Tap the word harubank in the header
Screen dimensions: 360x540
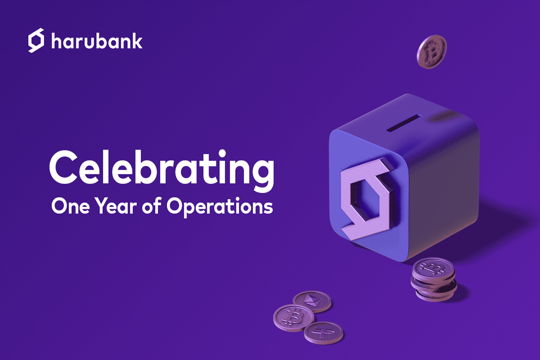tap(97, 42)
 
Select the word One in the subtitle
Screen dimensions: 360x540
tap(67, 206)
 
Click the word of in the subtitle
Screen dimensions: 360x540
tap(150, 206)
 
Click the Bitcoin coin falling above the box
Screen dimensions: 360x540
tap(431, 52)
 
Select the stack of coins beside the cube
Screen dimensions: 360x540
tap(433, 279)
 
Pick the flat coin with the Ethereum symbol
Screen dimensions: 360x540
tap(312, 301)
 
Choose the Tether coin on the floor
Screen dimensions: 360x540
tap(323, 332)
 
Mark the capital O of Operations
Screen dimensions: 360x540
tap(174, 206)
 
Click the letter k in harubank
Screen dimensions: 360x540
tap(137, 41)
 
